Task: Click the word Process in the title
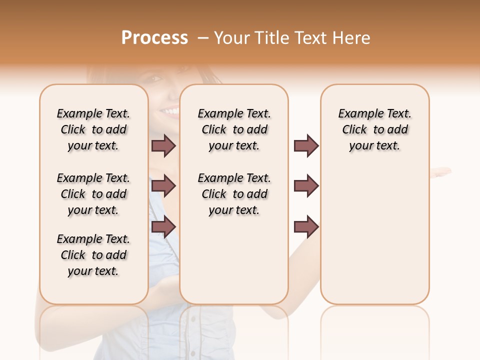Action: tap(154, 38)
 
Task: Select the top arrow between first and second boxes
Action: tap(163, 145)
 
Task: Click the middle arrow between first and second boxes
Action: tap(163, 186)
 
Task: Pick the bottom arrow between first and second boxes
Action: tap(163, 227)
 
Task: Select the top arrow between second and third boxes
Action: tap(306, 145)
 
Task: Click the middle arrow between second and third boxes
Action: tap(306, 186)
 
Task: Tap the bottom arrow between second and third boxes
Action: tap(306, 227)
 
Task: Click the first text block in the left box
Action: tap(93, 129)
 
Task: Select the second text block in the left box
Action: tap(93, 194)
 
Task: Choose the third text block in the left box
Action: tap(93, 255)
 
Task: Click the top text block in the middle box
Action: tap(234, 129)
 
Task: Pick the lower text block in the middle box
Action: tap(234, 194)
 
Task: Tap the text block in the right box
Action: tap(374, 129)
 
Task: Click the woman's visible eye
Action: tap(155, 78)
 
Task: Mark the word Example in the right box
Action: tap(356, 114)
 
